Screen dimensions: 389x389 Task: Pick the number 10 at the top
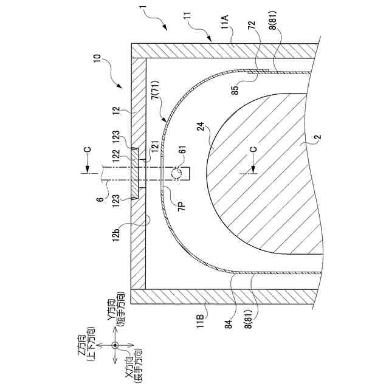pos(100,62)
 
